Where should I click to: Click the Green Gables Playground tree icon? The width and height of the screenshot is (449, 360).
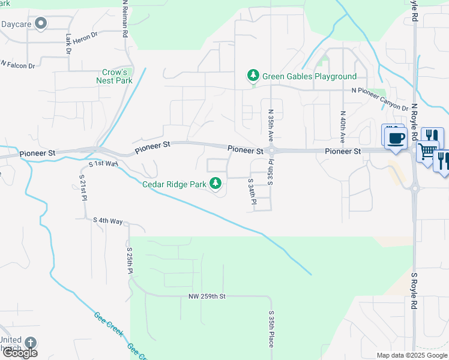(253, 76)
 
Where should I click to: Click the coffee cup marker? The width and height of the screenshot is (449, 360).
(394, 137)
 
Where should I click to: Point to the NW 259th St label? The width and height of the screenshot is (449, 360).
(206, 296)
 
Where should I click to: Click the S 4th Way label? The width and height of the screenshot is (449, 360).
(108, 221)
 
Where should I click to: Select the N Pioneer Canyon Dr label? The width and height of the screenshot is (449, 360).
(379, 91)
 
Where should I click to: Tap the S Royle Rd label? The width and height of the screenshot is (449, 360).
(414, 291)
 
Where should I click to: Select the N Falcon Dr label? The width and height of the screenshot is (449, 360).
(18, 64)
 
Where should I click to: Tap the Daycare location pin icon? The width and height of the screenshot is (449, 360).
(41, 24)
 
